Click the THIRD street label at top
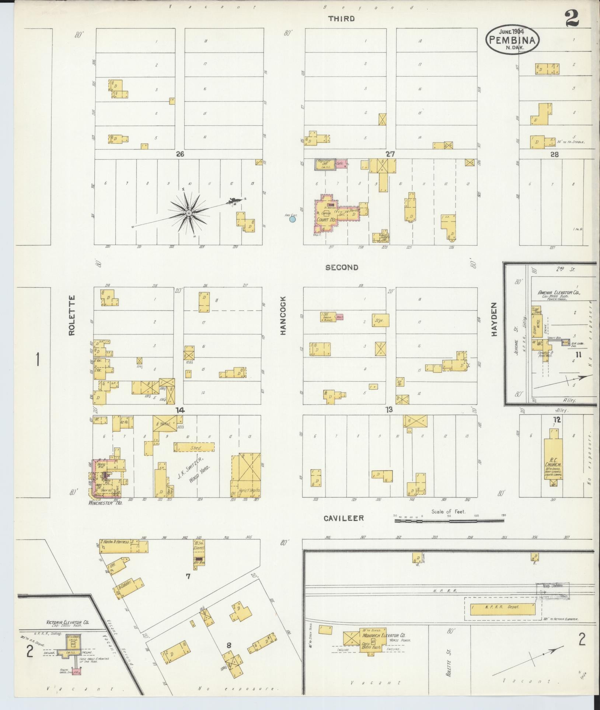tap(341, 18)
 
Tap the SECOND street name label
tap(342, 267)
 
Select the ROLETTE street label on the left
tap(71, 315)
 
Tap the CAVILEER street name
tap(343, 518)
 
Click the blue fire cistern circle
tap(293, 219)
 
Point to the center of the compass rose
tap(189, 213)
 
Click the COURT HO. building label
tap(324, 220)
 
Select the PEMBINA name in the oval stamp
tap(512, 40)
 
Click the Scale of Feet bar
tap(449, 521)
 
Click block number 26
tap(179, 154)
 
